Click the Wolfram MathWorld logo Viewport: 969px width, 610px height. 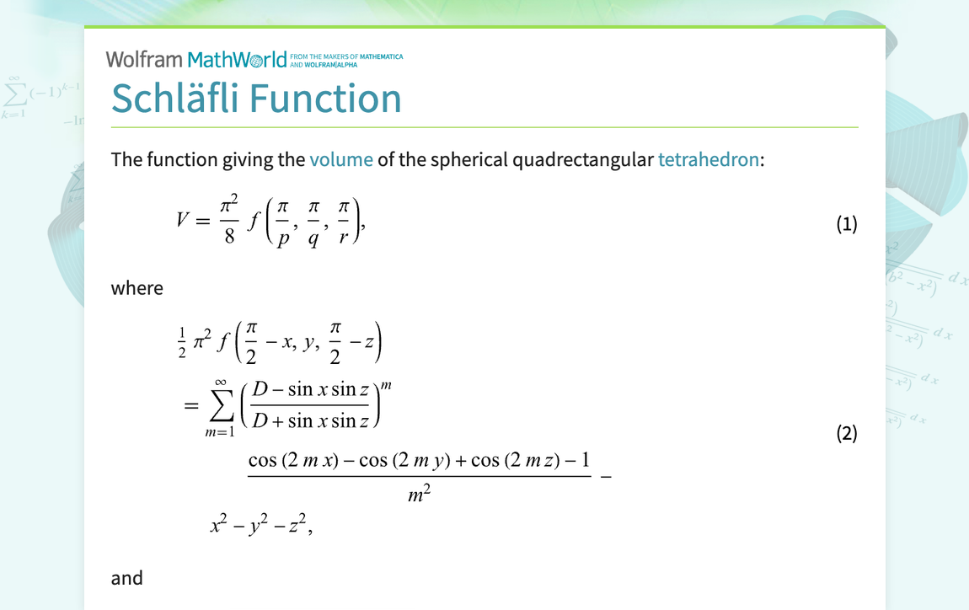point(196,59)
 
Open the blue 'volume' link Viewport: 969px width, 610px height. point(341,158)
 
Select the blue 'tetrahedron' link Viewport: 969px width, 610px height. point(708,158)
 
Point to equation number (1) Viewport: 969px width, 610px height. point(846,223)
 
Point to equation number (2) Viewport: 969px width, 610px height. point(846,433)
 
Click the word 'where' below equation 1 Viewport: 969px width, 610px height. point(137,288)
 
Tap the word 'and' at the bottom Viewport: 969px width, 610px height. point(127,578)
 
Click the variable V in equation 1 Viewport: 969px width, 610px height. point(183,221)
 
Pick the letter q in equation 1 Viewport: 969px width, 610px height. point(313,238)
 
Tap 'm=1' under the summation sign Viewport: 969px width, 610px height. point(220,433)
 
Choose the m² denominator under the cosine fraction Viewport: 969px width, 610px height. point(419,495)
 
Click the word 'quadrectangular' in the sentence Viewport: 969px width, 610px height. point(582,158)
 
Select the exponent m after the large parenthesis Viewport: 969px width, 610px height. point(387,386)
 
